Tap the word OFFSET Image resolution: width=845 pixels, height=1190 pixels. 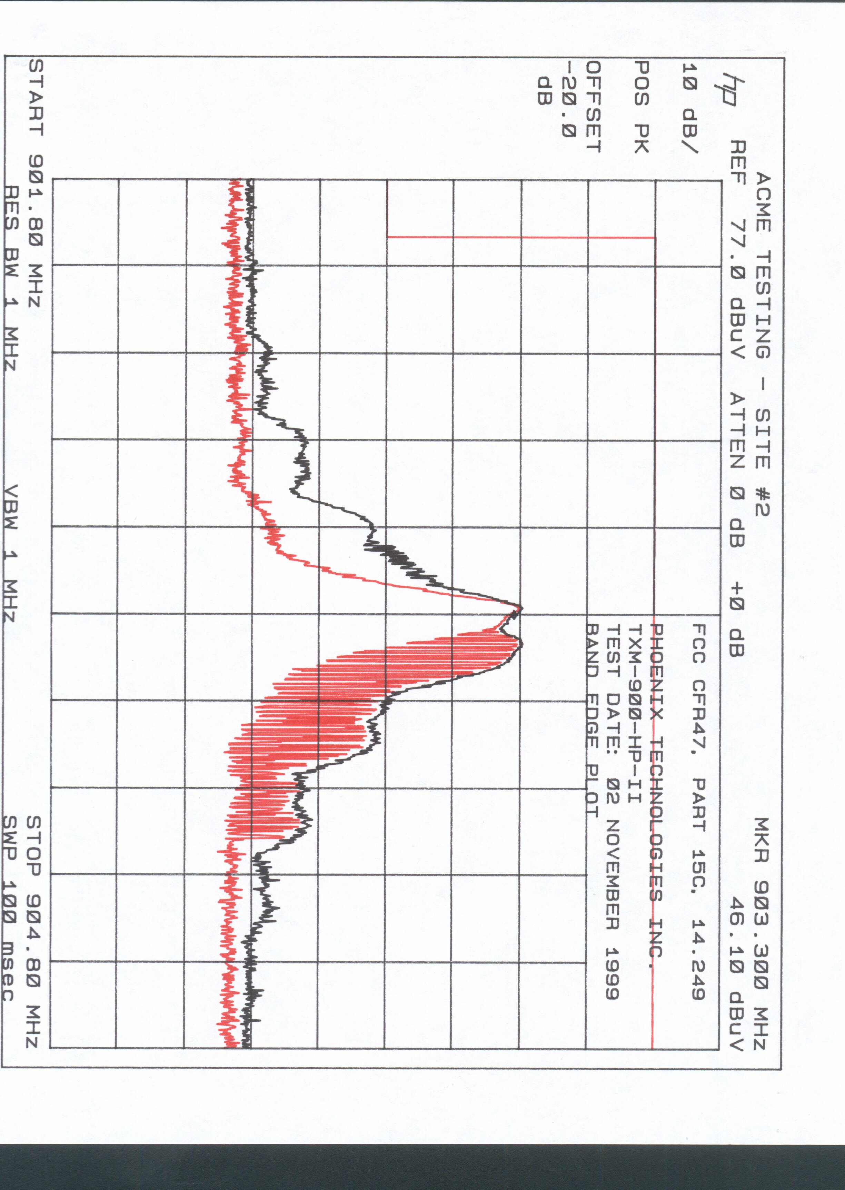594,107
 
